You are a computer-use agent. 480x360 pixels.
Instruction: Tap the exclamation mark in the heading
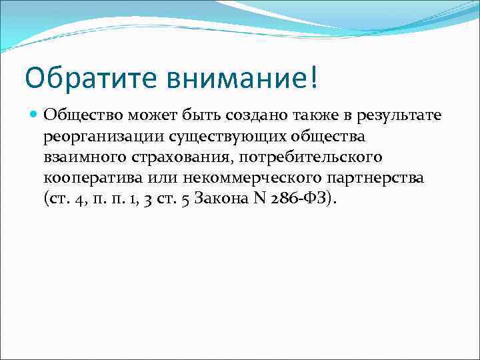314,79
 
